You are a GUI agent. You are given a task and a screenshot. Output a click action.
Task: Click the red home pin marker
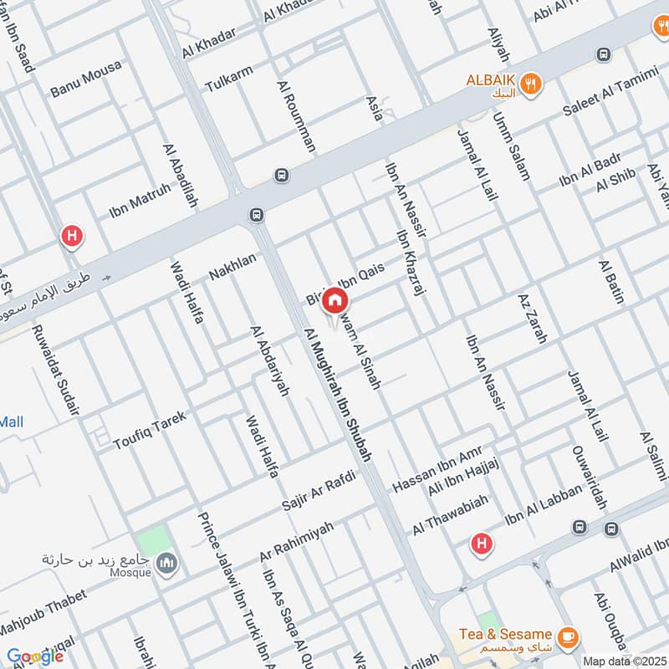pyautogui.click(x=334, y=300)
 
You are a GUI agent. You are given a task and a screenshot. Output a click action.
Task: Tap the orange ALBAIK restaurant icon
pyautogui.click(x=529, y=84)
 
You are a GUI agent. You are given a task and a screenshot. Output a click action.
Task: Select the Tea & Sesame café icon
pyautogui.click(x=567, y=636)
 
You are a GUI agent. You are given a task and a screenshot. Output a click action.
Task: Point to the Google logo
pyautogui.click(x=35, y=656)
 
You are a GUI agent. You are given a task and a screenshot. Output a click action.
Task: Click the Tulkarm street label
pyautogui.click(x=227, y=80)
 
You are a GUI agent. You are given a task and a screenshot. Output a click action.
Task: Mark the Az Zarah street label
pyautogui.click(x=532, y=319)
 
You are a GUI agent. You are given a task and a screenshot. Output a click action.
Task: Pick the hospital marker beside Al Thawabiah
pyautogui.click(x=481, y=544)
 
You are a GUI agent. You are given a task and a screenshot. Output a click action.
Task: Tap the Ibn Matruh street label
pyautogui.click(x=140, y=202)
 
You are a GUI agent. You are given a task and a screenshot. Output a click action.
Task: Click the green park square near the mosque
pyautogui.click(x=154, y=539)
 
